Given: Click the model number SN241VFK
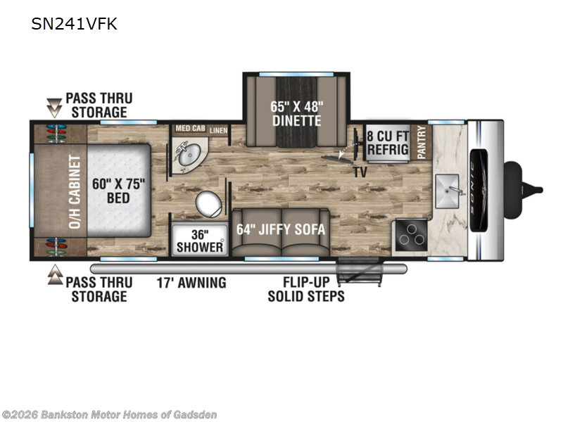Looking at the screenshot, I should point(74,25).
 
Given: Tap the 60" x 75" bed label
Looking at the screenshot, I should point(118,191).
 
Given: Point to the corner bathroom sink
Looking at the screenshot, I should point(189,156).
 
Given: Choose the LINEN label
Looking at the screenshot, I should point(219,130).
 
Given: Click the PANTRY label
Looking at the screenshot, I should point(422,142).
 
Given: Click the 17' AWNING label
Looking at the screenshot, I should point(191,283).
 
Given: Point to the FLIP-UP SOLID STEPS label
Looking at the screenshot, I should point(306,289).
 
